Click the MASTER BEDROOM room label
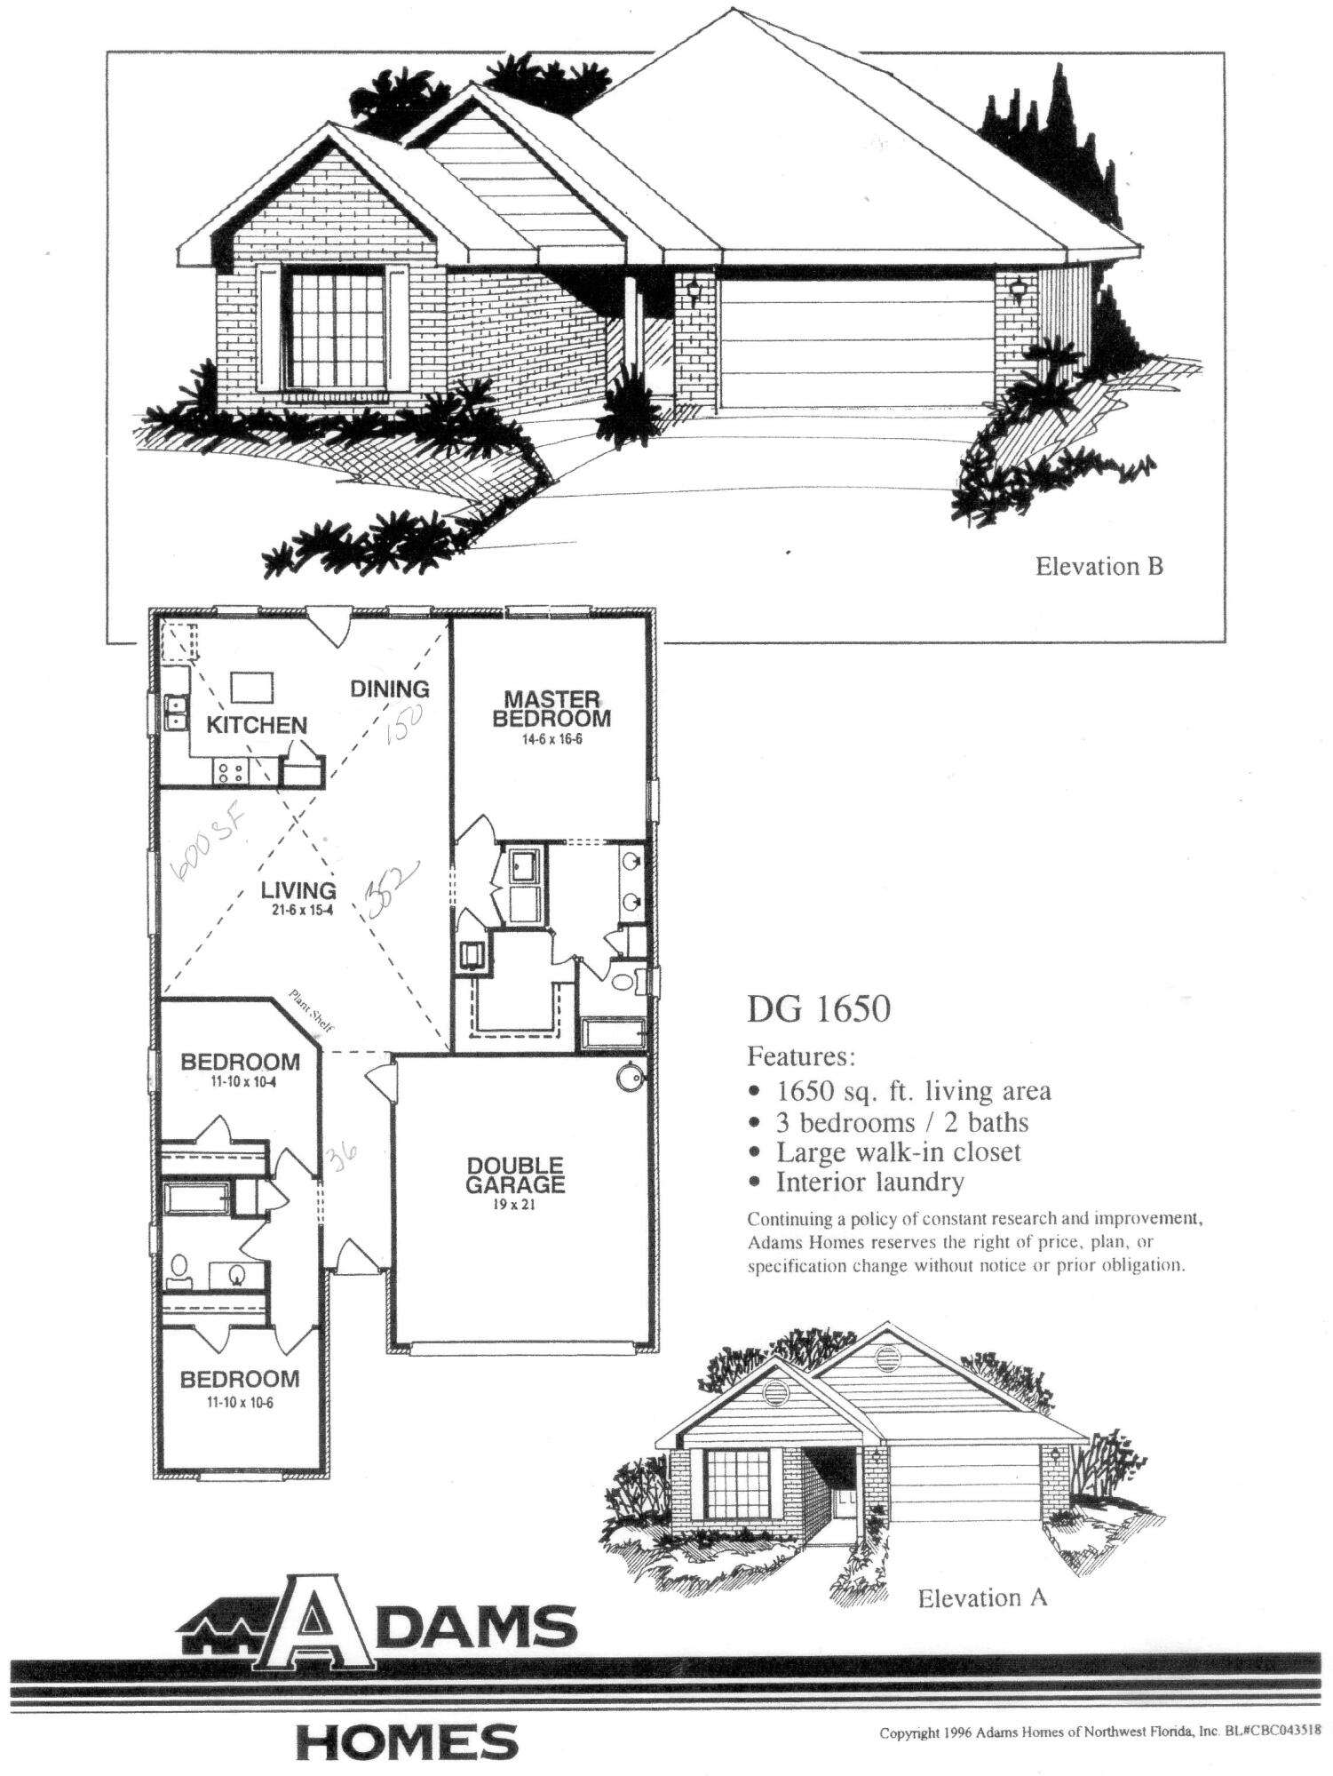coord(551,708)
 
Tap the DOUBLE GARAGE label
coord(515,1174)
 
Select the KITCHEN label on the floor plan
coord(256,725)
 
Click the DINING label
coord(389,689)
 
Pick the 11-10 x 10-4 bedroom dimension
coord(241,1081)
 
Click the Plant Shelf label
coord(311,1010)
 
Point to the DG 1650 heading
coord(818,1009)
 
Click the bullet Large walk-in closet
coord(898,1152)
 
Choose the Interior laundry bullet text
coord(869,1182)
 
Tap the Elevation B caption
coord(1099,566)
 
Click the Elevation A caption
coord(982,1598)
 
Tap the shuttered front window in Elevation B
coord(333,326)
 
